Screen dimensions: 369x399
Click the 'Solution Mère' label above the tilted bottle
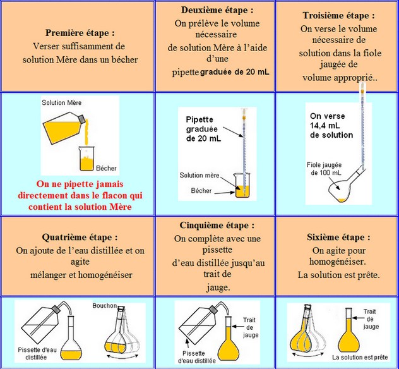[62, 102]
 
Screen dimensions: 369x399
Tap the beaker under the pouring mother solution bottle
[87, 158]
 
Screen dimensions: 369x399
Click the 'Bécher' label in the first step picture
[107, 169]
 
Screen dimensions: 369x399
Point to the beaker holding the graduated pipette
[241, 186]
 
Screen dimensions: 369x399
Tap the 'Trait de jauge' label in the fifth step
[251, 327]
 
